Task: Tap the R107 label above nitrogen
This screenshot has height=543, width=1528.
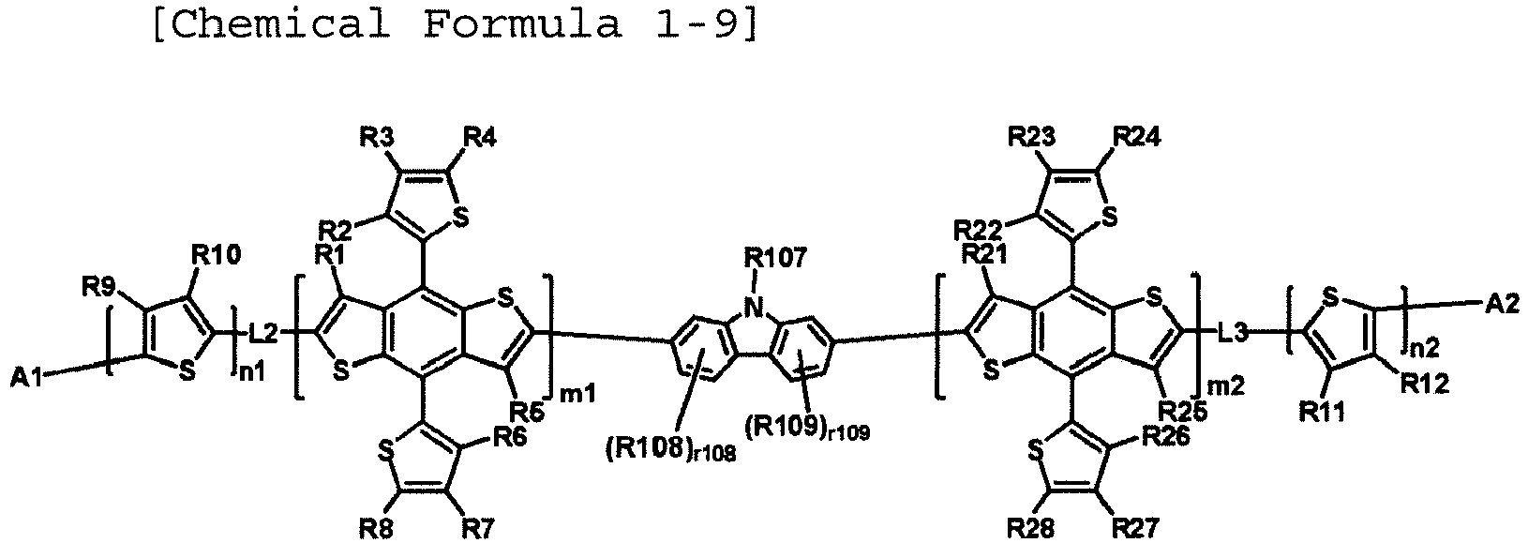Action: (775, 259)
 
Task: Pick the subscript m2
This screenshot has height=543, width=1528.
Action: (1226, 387)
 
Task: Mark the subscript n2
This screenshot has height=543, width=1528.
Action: (1423, 348)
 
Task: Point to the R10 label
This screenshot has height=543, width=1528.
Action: (216, 256)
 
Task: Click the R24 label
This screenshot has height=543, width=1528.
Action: (1136, 137)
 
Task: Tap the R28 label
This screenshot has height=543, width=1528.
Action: (1031, 528)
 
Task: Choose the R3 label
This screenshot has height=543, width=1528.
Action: (377, 137)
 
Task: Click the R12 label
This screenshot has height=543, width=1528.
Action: (1425, 385)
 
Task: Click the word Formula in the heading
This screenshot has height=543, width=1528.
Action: (522, 25)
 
